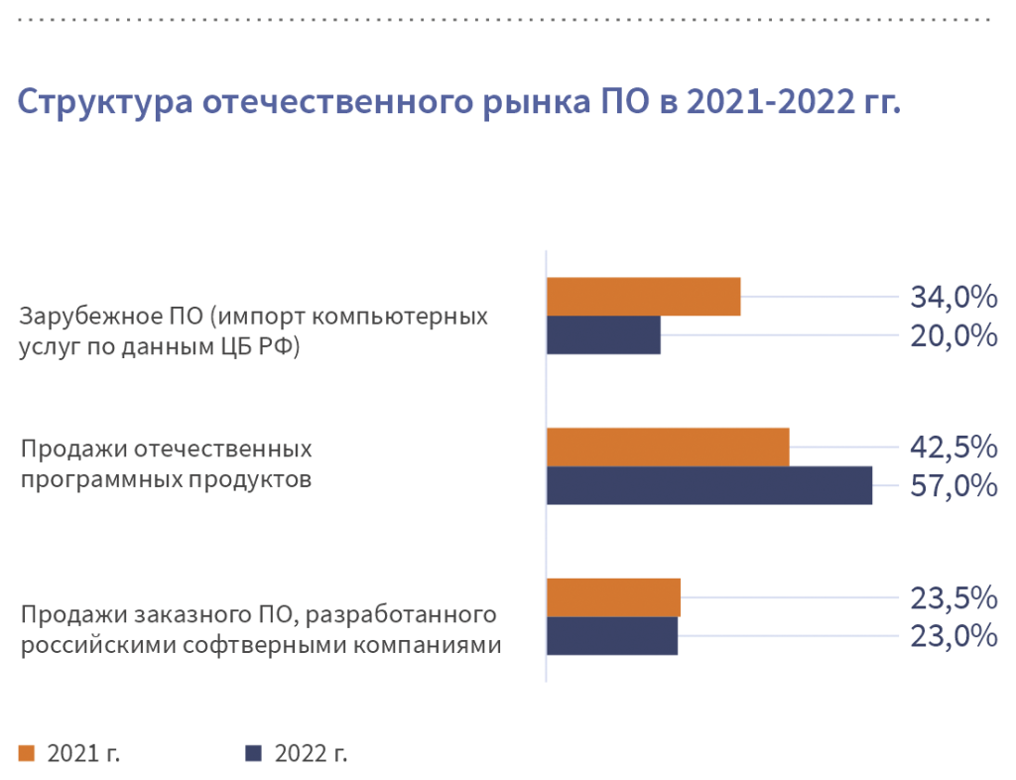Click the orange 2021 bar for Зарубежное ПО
644,296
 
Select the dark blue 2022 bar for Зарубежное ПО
603,335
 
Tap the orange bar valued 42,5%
668,447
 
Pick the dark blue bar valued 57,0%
709,485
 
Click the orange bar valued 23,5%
613,597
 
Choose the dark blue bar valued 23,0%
612,636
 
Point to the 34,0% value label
952,296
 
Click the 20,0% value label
952,335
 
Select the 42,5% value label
952,447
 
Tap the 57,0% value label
952,486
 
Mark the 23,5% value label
952,597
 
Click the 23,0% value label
952,636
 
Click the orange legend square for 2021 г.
27,752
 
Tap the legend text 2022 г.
312,752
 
